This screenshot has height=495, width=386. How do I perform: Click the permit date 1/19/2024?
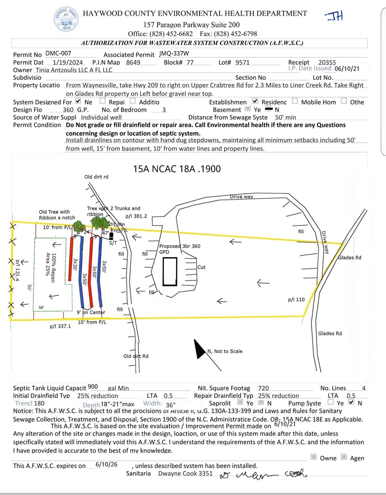(x=68, y=63)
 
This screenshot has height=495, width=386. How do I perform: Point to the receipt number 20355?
(x=327, y=63)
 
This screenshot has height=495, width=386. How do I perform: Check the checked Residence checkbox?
(x=256, y=101)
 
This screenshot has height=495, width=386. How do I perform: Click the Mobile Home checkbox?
(x=295, y=101)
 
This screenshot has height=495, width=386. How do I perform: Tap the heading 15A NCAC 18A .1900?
(x=177, y=169)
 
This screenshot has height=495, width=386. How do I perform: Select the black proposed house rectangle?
(x=170, y=272)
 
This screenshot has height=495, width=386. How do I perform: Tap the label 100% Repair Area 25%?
(x=51, y=267)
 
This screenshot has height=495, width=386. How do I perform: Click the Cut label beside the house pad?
(x=201, y=267)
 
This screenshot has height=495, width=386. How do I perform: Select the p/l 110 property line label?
(x=296, y=300)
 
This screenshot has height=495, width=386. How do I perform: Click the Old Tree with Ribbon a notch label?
(x=57, y=215)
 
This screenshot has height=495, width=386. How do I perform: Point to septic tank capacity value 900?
(x=93, y=387)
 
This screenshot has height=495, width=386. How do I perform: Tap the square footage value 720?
(x=263, y=388)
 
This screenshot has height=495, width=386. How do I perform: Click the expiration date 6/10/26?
(x=107, y=464)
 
